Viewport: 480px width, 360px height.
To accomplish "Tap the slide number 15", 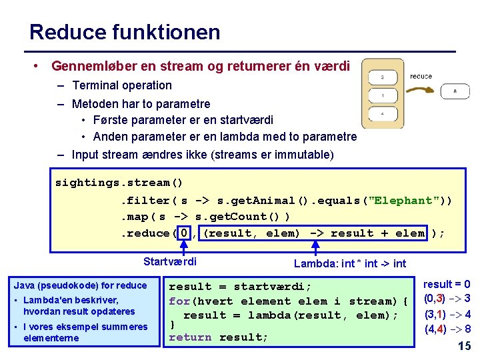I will tap(465, 345).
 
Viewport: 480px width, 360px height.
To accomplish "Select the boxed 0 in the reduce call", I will tap(184, 233).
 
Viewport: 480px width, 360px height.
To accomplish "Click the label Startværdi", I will tap(170, 261).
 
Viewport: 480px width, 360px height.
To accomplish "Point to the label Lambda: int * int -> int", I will tap(350, 263).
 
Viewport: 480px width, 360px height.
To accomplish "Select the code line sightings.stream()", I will tap(119, 183).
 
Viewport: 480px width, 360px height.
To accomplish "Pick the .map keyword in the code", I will tap(134, 217).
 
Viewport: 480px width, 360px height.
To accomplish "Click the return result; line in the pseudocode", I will tap(218, 337).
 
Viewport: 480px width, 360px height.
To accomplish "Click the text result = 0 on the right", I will tap(447, 284).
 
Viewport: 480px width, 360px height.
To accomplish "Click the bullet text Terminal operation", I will tap(122, 85).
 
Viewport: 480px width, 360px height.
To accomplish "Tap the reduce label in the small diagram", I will tap(421, 77).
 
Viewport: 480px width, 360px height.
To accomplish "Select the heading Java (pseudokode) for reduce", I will tap(80, 285).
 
